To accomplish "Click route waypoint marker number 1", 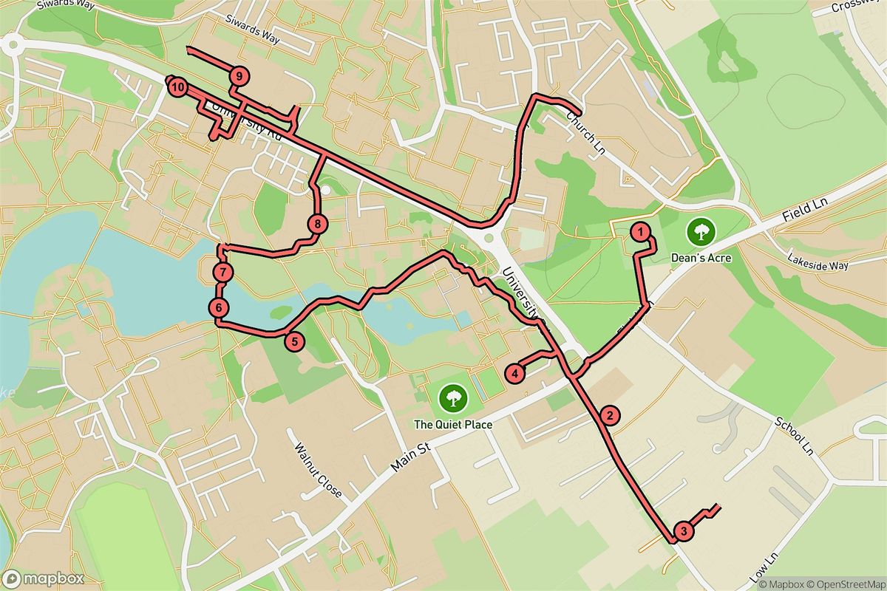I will point(640,232).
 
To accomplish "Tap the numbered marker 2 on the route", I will point(609,416).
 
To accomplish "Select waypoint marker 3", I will point(684,531).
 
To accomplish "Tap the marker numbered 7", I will point(223,273).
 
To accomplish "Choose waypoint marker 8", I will point(317,224).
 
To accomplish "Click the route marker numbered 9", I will point(239,75).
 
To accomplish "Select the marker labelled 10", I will point(177,88).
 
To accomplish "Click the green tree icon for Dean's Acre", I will point(699,232).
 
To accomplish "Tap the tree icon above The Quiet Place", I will point(452,399).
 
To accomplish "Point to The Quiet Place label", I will point(452,425).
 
